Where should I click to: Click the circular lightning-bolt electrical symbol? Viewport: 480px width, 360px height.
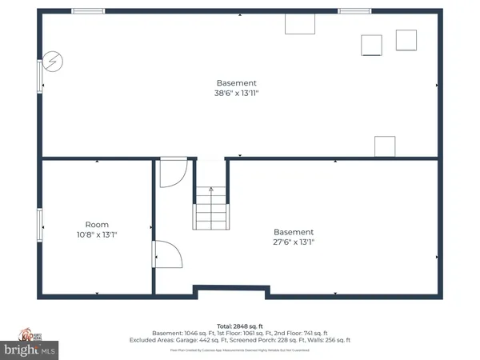53,61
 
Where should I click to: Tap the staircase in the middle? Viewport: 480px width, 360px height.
211,210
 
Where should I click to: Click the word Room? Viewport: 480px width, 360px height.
97,225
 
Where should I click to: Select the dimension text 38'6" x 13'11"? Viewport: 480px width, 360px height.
237,94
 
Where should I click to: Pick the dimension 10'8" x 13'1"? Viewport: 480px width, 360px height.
97,235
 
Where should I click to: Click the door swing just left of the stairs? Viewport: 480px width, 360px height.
174,172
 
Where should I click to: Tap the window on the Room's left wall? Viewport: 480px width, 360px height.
40,224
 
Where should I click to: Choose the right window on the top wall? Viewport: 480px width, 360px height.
354,11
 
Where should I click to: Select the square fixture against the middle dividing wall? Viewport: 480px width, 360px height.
385,146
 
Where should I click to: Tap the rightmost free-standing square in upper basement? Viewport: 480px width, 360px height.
406,40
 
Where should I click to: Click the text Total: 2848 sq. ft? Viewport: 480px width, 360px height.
239,326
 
